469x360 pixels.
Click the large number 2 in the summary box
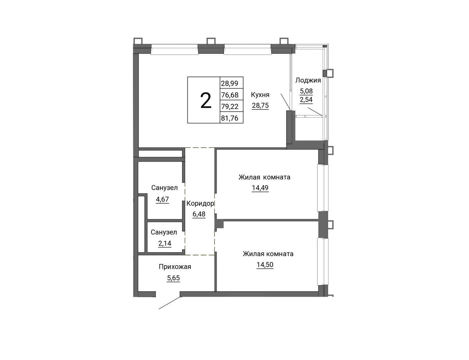(206, 100)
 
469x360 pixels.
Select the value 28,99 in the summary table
(229, 83)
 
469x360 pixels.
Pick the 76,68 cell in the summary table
(230, 95)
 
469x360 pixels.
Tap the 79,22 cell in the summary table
(230, 106)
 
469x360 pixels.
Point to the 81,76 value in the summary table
(230, 118)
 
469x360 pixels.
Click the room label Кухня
(260, 95)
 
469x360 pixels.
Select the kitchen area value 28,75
(260, 105)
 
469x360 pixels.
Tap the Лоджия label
(308, 80)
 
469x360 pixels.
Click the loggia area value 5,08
(306, 91)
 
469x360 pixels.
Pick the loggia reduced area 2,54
(306, 100)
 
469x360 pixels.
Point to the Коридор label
(200, 203)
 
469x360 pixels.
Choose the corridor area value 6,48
(199, 214)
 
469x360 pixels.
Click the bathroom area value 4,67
(162, 199)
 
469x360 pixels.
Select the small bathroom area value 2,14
(165, 243)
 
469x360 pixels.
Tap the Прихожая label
(175, 267)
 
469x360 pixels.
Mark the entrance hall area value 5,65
(173, 278)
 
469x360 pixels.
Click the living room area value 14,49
(260, 188)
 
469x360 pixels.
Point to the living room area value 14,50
(265, 264)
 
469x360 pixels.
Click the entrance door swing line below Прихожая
(170, 303)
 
